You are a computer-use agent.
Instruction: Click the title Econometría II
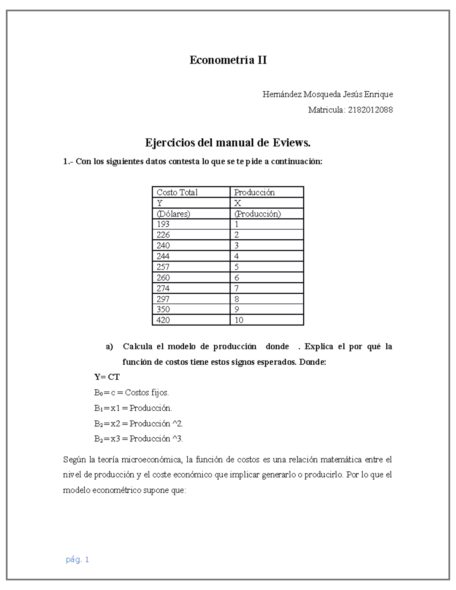[228, 60]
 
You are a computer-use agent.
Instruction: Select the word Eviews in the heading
[291, 143]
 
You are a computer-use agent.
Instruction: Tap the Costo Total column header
[177, 192]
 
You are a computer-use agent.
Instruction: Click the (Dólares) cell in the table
[173, 214]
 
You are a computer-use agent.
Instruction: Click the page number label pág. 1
[77, 560]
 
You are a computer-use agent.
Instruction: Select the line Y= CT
[107, 377]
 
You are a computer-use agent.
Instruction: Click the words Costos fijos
[147, 392]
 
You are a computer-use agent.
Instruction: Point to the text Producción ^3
[156, 439]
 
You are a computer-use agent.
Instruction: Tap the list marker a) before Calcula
[109, 346]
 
